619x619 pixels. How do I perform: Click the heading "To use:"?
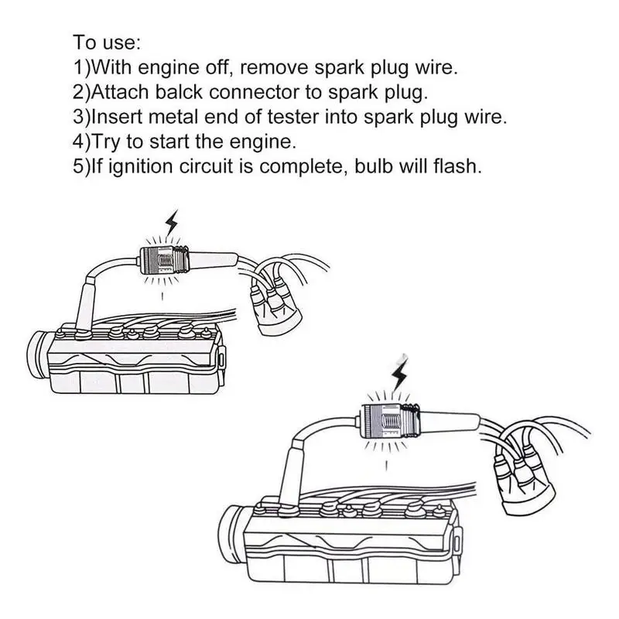click(x=108, y=42)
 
